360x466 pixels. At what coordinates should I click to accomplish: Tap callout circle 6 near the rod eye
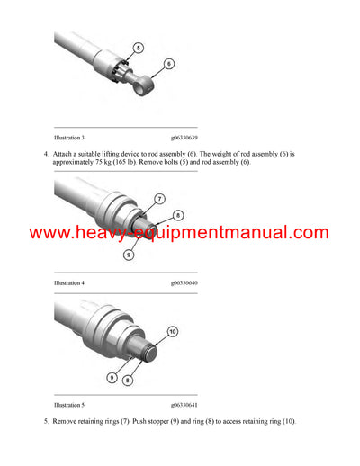tap(168, 65)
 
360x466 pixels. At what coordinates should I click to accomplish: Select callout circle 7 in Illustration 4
tap(159, 198)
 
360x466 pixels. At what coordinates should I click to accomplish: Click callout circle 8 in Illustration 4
tap(178, 216)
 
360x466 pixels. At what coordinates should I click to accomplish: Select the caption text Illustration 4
tap(70, 282)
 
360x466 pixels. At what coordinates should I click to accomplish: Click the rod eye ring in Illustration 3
tap(142, 91)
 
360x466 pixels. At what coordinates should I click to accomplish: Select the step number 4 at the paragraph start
tap(46, 154)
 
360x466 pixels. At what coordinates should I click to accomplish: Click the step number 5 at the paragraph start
tap(46, 422)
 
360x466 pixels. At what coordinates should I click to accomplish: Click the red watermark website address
tap(180, 233)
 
